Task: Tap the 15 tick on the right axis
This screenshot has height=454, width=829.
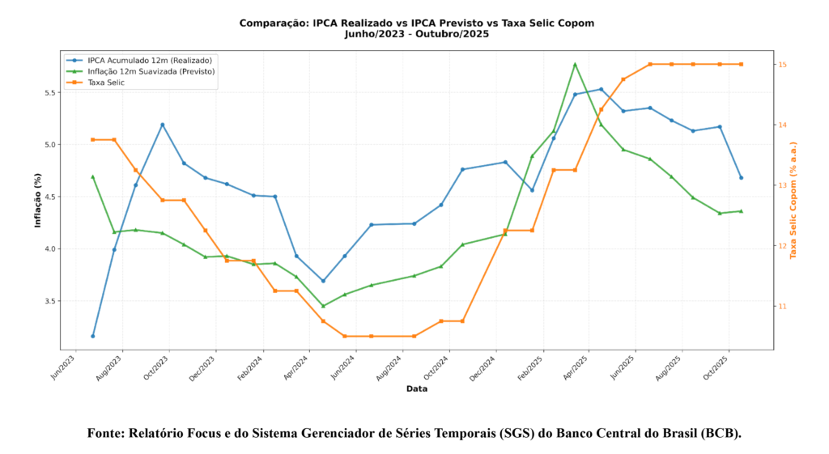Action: [x=784, y=65]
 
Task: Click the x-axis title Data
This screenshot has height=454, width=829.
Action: [x=417, y=389]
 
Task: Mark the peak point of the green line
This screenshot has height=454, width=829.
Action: [x=575, y=64]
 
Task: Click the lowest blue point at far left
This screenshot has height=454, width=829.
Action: [x=93, y=336]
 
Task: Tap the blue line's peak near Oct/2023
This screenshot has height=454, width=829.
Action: [x=163, y=125]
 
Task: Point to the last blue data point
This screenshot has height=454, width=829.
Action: [x=741, y=177]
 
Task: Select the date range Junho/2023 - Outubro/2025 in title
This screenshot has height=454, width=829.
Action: [x=416, y=34]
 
